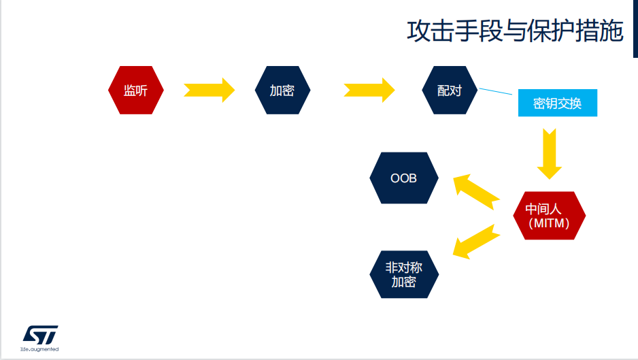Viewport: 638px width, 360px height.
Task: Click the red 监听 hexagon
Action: click(x=136, y=90)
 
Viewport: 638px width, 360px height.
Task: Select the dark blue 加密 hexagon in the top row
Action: click(x=282, y=90)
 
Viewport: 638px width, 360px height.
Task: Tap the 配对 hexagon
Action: click(x=450, y=90)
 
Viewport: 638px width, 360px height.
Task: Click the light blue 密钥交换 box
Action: click(x=558, y=103)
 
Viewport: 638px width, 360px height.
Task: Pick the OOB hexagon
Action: click(x=403, y=178)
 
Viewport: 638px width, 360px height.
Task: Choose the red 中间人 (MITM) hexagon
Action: click(x=550, y=216)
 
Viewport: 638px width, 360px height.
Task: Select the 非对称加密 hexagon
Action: click(x=404, y=274)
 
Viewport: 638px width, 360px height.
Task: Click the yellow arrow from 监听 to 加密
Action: click(x=209, y=90)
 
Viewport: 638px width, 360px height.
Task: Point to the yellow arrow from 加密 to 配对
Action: click(x=369, y=90)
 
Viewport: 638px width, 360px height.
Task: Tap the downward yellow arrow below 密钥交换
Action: click(x=550, y=154)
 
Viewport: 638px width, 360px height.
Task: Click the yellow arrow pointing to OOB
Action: click(x=476, y=192)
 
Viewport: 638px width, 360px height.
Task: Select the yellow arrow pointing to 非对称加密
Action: click(x=476, y=242)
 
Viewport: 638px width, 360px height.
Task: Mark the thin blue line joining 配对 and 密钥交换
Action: click(x=496, y=91)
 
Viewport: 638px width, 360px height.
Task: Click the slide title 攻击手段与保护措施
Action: click(x=515, y=31)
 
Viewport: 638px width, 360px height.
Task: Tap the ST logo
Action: click(x=40, y=335)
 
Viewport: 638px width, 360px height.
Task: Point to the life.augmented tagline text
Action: click(x=39, y=349)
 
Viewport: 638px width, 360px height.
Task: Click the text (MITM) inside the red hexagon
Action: click(x=549, y=223)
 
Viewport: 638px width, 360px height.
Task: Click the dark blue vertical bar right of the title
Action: click(x=635, y=29)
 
